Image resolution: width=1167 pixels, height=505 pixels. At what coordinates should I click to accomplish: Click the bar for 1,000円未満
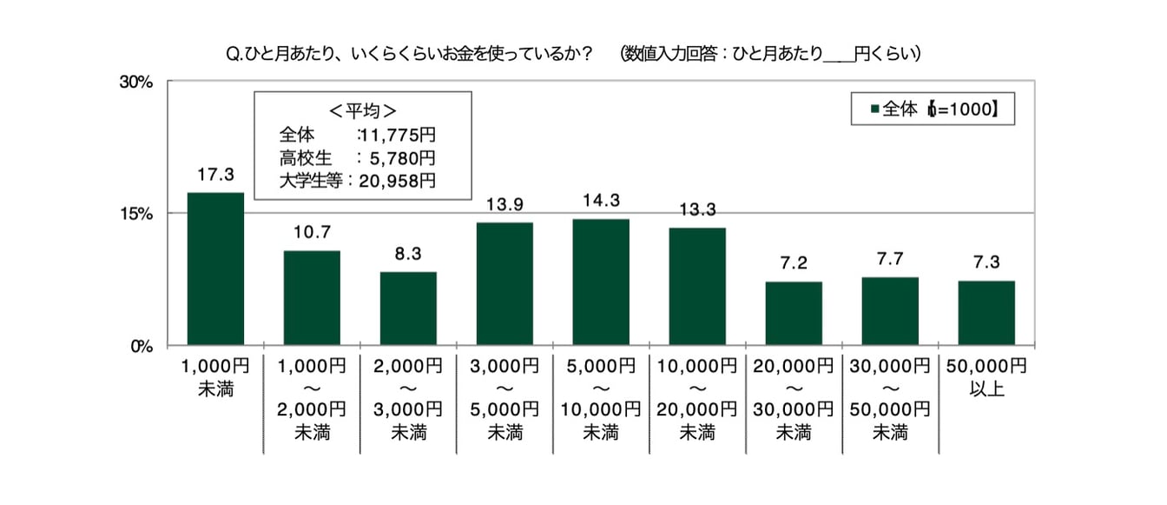215,269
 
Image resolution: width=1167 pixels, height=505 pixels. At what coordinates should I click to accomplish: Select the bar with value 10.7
312,297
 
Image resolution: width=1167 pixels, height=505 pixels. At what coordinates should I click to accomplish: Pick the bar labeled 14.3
601,282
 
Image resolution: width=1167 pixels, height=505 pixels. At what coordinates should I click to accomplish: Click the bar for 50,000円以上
986,312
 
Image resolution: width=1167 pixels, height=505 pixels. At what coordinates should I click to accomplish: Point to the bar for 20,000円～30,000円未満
794,313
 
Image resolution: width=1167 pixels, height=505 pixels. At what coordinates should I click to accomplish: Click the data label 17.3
215,176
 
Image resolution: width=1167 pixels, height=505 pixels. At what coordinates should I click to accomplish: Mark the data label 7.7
890,260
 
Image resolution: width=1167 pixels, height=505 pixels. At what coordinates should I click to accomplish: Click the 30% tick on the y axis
136,82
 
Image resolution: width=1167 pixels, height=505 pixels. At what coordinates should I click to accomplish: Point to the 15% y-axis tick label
136,214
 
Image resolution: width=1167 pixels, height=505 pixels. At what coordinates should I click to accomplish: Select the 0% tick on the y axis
142,345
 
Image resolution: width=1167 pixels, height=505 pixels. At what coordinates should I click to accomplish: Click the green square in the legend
875,110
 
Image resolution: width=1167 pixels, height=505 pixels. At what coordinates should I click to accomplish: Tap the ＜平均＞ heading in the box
362,111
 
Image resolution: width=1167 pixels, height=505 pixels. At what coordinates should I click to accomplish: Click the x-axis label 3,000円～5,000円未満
504,397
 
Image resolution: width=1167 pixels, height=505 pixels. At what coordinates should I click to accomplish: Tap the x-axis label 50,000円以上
986,375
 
